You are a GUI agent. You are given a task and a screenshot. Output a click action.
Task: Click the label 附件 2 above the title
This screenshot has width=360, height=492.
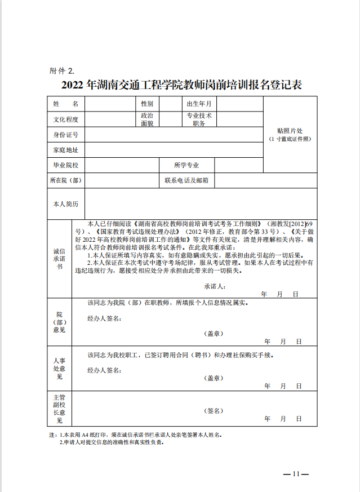pos(62,71)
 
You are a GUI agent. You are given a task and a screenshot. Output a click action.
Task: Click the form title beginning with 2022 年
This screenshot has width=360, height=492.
pos(181,86)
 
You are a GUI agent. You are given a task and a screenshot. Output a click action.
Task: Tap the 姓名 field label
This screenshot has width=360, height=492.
pos(65,104)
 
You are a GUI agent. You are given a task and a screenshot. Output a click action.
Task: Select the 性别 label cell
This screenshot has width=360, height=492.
pos(147,104)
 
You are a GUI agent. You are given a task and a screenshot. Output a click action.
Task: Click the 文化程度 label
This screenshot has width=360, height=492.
pos(65,119)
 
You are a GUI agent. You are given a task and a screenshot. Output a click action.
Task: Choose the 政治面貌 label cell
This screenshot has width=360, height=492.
pos(147,119)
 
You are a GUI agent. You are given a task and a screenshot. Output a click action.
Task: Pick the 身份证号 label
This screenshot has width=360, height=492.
pos(65,135)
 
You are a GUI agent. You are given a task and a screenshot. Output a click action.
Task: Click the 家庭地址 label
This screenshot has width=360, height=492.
pos(65,150)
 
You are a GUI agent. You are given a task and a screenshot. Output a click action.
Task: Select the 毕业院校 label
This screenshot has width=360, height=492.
pos(65,165)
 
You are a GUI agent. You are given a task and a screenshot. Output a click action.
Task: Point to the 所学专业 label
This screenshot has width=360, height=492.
pos(186,165)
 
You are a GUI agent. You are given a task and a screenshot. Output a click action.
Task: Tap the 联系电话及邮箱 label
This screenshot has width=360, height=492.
pos(186,180)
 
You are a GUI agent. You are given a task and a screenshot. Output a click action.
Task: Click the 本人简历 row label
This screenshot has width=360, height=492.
pos(65,203)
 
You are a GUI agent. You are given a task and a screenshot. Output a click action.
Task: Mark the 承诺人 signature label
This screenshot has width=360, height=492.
pos(215,286)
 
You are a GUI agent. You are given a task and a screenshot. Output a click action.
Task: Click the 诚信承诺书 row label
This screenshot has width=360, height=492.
pos(59,259)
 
